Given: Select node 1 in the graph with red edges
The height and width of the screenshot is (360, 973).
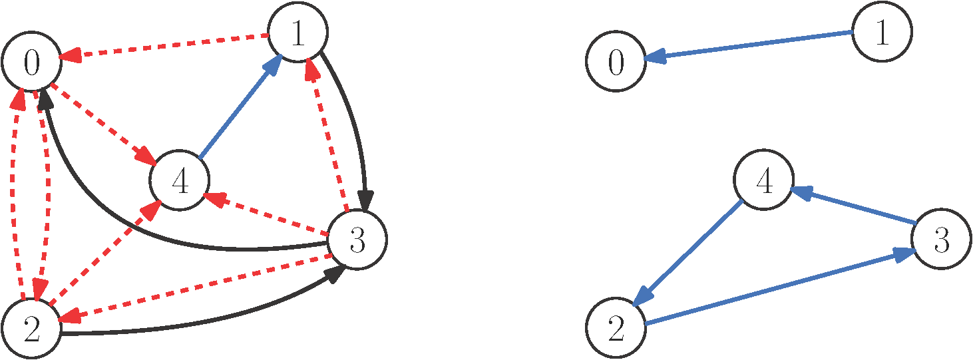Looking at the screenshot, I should point(297,35).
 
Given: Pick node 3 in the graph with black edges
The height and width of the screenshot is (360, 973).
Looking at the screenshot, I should point(357,241).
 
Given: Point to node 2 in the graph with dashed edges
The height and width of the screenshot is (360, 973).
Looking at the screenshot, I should point(31,329).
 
